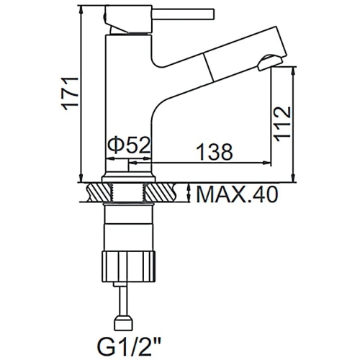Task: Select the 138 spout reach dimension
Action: (214, 152)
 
